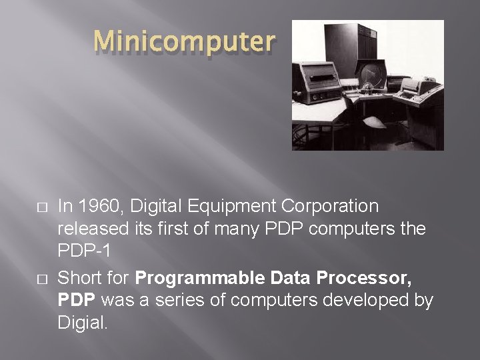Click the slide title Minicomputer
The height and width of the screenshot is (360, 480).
coord(184,42)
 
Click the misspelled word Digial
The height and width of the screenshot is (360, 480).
coord(83,324)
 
